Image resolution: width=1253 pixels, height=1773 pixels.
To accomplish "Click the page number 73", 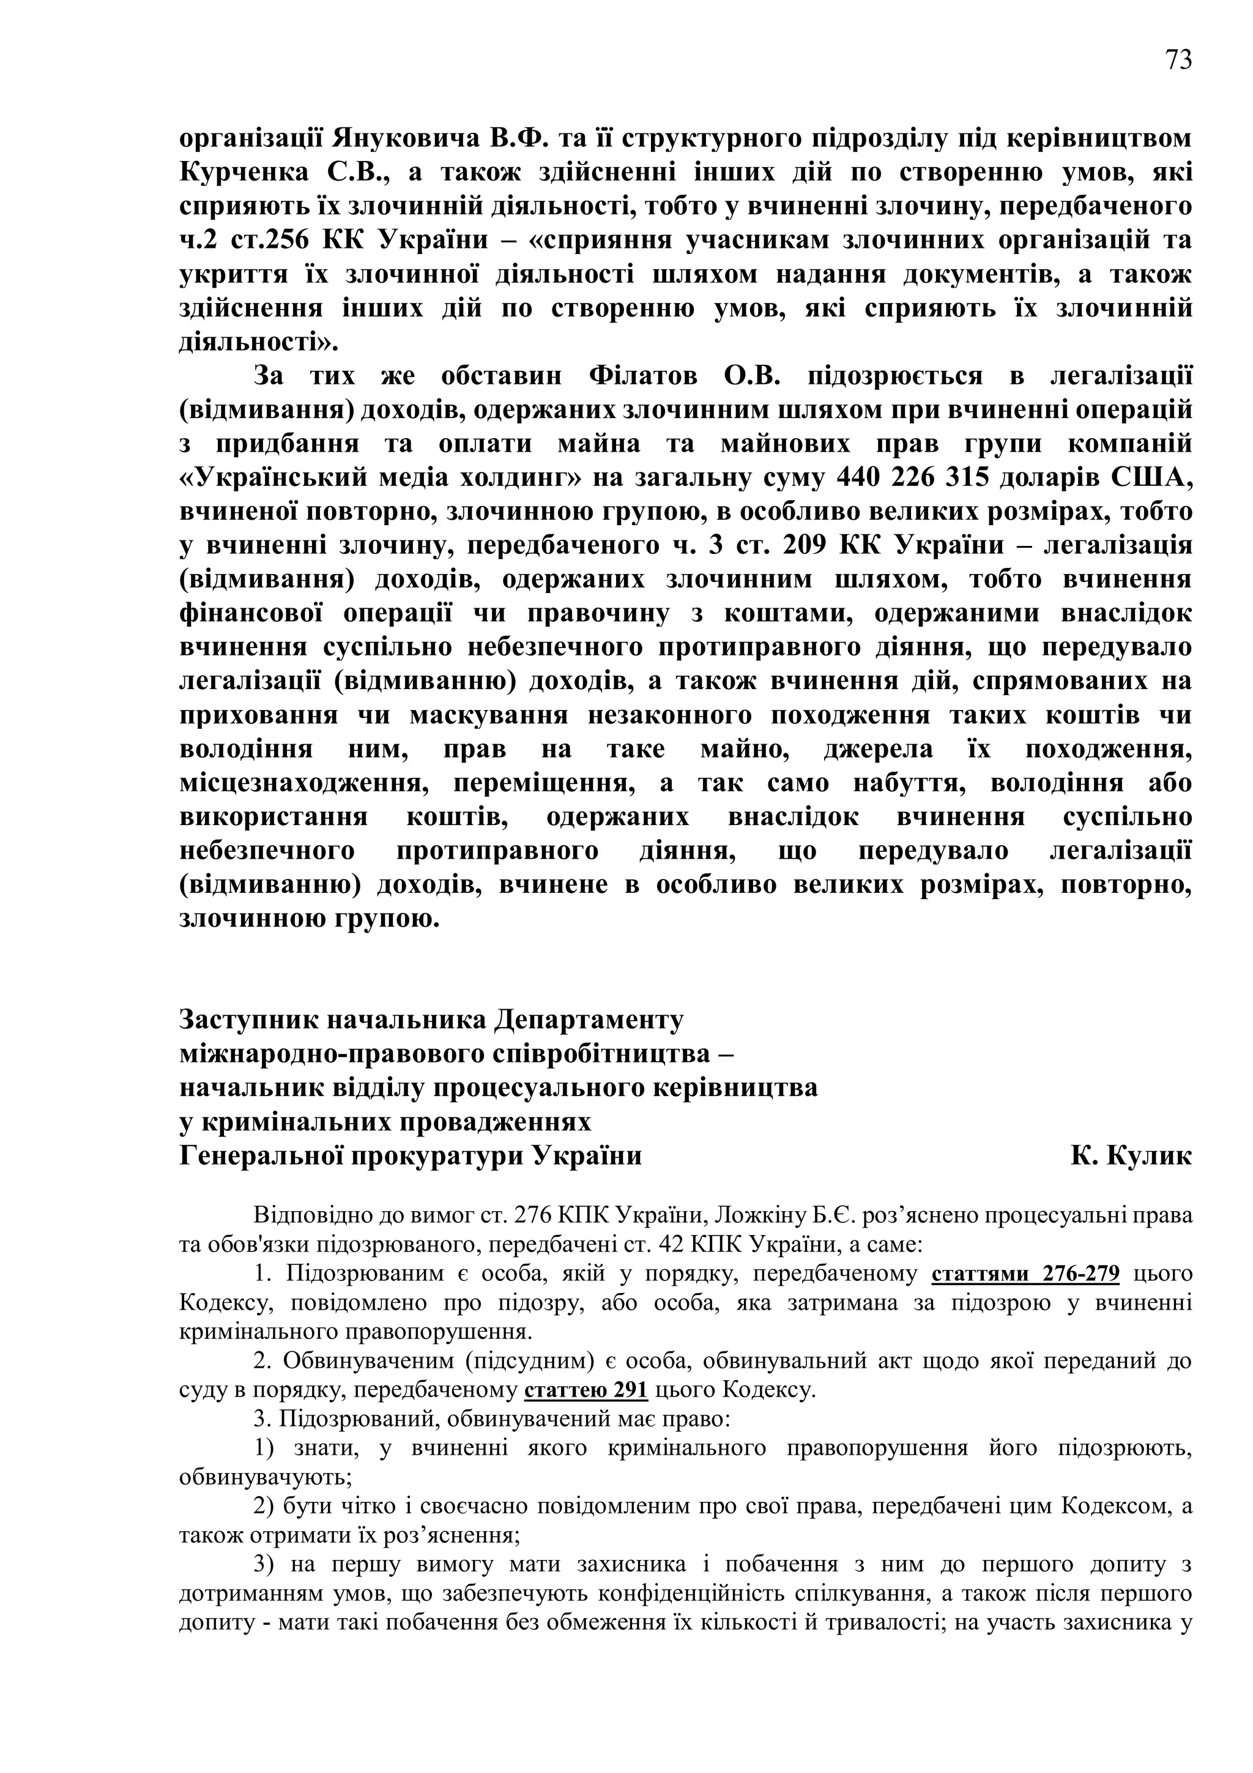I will pyautogui.click(x=1178, y=60).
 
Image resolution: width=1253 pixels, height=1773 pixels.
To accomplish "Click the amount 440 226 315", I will pyautogui.click(x=912, y=478).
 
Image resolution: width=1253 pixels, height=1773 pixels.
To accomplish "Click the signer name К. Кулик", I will pyautogui.click(x=1131, y=1156).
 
